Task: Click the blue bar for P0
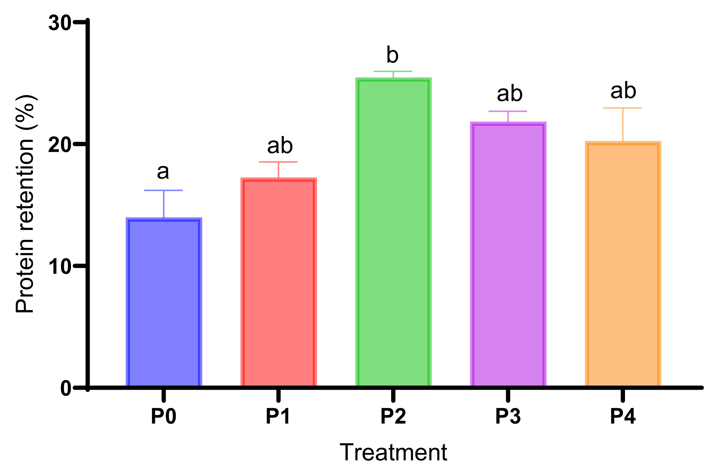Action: click(164, 302)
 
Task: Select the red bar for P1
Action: click(279, 282)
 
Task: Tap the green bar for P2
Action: click(393, 232)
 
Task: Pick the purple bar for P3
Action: click(508, 254)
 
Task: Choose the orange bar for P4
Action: click(623, 264)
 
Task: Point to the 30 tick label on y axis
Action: click(60, 23)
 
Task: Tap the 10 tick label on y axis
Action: click(60, 267)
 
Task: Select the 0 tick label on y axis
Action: click(66, 388)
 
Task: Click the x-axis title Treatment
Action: click(393, 453)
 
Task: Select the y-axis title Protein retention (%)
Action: click(25, 204)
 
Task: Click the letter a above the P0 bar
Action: click(163, 172)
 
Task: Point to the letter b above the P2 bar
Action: click(392, 55)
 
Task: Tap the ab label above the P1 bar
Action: click(280, 146)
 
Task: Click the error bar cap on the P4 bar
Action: click(623, 108)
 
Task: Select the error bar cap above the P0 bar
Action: click(163, 190)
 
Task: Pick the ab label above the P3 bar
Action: click(510, 94)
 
